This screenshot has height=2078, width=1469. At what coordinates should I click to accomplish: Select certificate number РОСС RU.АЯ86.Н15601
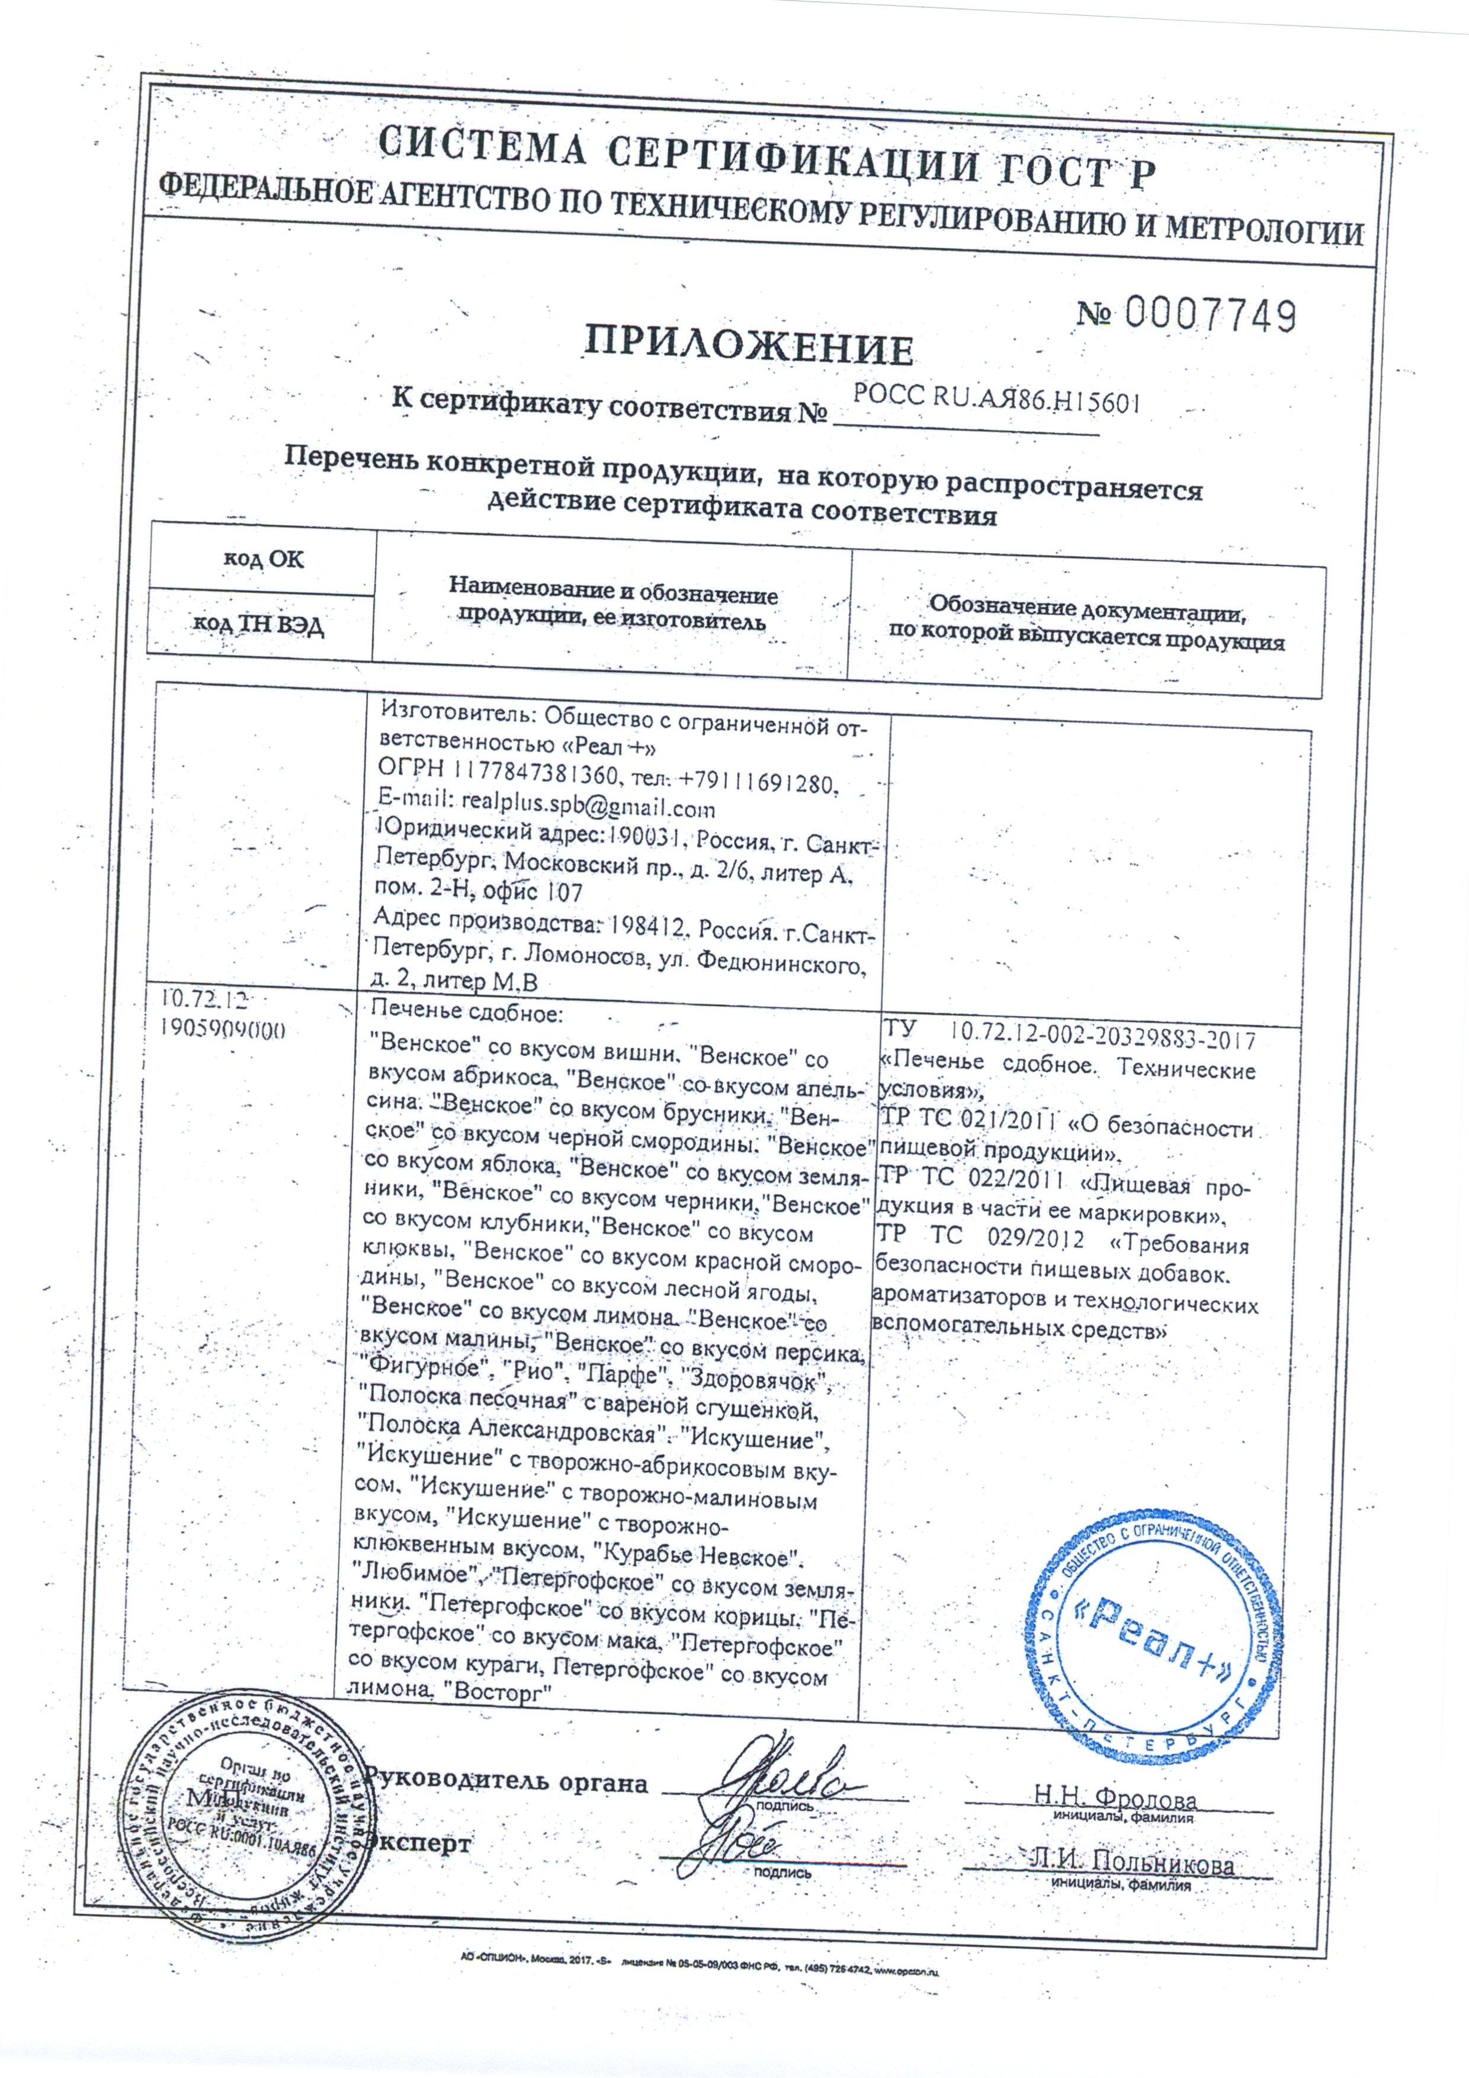pos(996,398)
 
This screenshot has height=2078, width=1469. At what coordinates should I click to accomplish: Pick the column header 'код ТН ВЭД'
pos(260,625)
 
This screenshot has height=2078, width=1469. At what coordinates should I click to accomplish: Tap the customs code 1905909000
pos(231,1029)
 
